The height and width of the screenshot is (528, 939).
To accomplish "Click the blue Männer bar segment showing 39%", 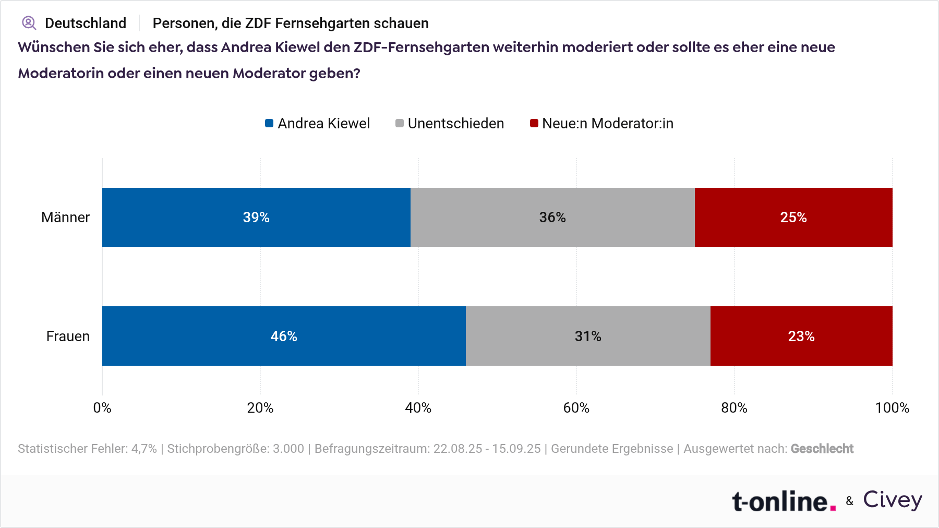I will click(256, 217).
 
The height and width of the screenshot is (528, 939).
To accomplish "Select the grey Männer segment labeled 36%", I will click(552, 217).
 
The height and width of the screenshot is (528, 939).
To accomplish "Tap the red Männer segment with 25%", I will click(793, 217).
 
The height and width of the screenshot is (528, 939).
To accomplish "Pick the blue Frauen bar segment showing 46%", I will click(284, 336).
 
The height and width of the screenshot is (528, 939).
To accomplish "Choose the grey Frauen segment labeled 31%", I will click(588, 336).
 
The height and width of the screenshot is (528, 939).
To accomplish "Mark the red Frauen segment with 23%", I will click(801, 336).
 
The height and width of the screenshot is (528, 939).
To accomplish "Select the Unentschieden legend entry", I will click(450, 124).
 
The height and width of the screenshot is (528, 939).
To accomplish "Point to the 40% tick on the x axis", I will click(418, 408).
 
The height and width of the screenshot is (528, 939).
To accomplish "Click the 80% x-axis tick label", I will click(734, 408).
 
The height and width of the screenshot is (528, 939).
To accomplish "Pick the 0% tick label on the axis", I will click(102, 408).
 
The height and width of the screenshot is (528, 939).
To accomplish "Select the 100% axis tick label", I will click(892, 408).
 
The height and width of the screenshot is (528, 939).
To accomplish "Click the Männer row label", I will click(65, 218).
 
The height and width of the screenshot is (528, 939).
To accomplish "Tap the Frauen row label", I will click(68, 337).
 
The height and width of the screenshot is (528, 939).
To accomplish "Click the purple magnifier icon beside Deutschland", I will click(29, 23).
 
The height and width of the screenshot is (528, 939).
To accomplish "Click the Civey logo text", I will click(893, 500).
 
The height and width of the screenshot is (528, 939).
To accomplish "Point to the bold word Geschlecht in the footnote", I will click(822, 449).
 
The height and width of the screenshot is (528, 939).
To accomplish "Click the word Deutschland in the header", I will click(86, 23).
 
